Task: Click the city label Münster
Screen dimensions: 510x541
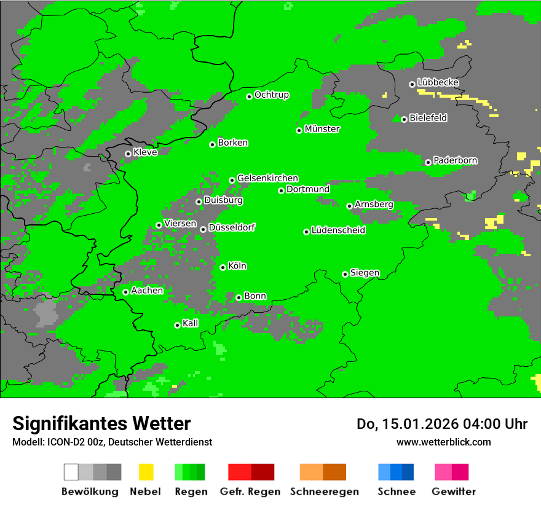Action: click(322, 129)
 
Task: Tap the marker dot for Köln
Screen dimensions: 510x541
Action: click(223, 267)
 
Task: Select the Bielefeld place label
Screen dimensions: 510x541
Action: click(428, 118)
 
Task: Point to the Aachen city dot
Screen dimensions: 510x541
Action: click(125, 292)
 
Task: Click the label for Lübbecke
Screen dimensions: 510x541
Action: click(438, 82)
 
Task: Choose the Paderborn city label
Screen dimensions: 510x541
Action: click(455, 161)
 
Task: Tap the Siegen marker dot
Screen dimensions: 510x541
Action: click(345, 274)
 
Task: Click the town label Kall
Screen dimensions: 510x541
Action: click(191, 323)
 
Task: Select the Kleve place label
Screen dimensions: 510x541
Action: click(145, 152)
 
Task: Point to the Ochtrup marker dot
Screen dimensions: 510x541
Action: click(249, 96)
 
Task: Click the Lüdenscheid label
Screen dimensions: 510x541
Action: click(338, 230)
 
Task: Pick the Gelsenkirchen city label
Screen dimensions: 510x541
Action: click(267, 178)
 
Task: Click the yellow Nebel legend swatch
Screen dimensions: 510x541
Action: click(146, 472)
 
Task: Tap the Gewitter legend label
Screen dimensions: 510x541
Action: click(454, 492)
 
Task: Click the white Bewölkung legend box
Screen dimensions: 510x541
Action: click(71, 472)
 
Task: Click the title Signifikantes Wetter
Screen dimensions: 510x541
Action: click(101, 423)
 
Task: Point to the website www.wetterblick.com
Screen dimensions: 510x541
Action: click(443, 442)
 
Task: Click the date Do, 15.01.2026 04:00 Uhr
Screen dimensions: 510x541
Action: click(442, 424)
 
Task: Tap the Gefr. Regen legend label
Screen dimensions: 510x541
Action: click(250, 492)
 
